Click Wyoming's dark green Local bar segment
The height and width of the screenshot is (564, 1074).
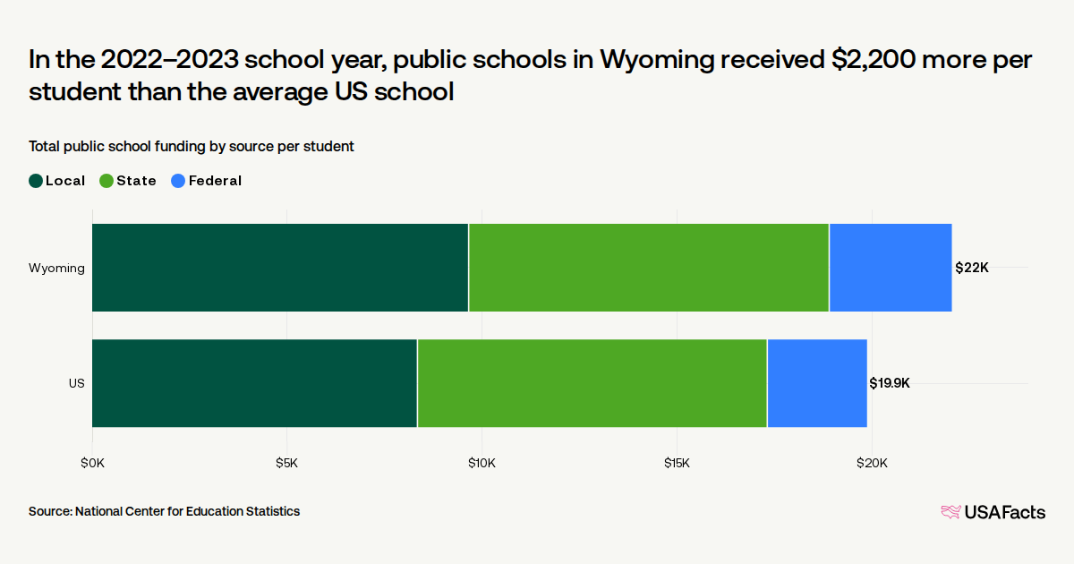[x=280, y=268]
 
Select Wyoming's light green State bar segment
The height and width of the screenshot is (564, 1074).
[x=649, y=268]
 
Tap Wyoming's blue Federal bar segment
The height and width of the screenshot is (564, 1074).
[x=891, y=268]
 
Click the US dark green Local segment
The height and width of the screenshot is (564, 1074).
[x=254, y=383]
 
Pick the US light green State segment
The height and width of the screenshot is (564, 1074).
[x=592, y=383]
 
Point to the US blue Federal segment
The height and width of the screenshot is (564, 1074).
[x=817, y=383]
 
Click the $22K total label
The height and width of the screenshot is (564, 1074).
[x=972, y=268]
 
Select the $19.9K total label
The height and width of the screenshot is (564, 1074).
[x=890, y=383]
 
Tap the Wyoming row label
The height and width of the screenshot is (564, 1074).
[x=56, y=268]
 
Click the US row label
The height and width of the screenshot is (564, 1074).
[x=77, y=383]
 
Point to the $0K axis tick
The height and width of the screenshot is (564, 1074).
[x=92, y=463]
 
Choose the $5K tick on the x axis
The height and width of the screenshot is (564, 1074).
[x=286, y=463]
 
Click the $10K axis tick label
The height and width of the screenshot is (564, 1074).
[x=482, y=463]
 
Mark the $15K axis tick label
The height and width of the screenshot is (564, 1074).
[x=677, y=463]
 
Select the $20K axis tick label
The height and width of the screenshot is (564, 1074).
[x=872, y=463]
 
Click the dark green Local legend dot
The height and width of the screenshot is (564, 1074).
[x=36, y=181]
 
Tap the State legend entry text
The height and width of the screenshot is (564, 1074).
[x=137, y=181]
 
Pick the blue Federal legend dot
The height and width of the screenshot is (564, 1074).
[x=178, y=181]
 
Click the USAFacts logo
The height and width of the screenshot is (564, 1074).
[x=993, y=512]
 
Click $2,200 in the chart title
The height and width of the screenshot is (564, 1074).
[x=874, y=60]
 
